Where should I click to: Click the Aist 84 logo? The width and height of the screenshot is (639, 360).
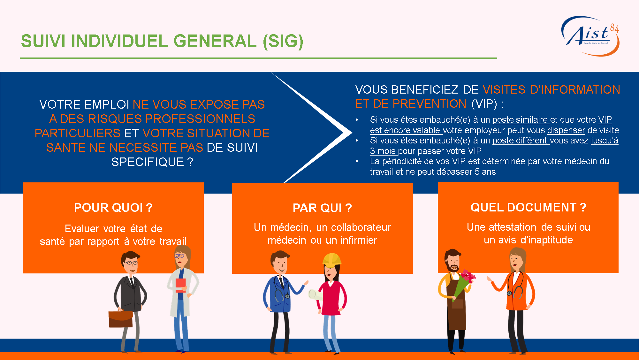[x=590, y=36]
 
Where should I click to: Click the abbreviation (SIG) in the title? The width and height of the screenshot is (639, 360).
[x=283, y=42]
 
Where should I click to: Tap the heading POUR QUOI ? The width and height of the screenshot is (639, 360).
[x=113, y=208]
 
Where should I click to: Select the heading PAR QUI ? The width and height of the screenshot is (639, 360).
[x=322, y=208]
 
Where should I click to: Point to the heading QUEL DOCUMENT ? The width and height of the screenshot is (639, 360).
[x=529, y=207]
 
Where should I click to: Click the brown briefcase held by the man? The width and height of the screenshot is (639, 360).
[x=121, y=318]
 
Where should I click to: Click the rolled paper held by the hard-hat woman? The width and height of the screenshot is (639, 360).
[x=316, y=295]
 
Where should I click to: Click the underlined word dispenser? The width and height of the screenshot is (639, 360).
[x=566, y=130]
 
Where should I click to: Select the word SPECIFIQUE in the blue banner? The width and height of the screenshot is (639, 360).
[x=148, y=162]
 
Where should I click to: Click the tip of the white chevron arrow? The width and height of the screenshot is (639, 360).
[x=352, y=133]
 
